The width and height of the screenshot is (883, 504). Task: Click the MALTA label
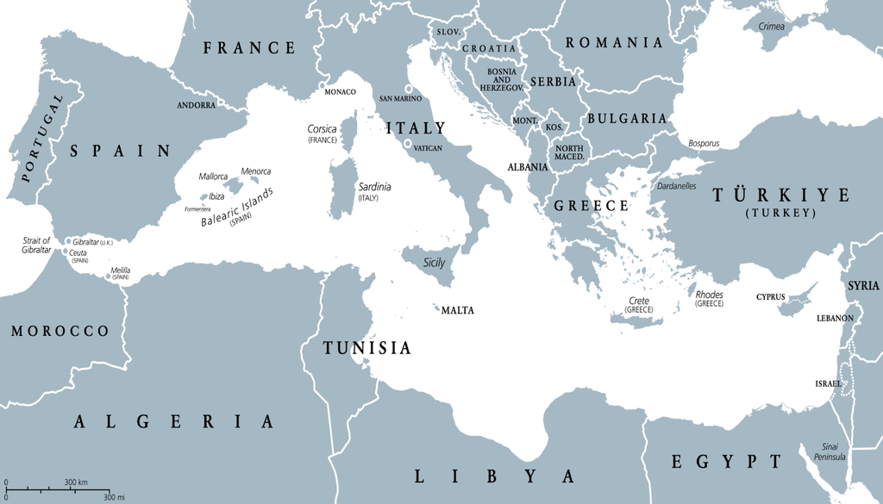457,311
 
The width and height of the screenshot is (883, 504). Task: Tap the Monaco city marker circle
323,86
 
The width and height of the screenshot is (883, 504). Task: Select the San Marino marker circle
410,89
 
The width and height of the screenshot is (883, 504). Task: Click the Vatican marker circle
407,144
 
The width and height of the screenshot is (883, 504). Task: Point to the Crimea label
771,26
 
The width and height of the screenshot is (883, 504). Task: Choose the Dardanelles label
677,185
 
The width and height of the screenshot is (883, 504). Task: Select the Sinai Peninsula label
832,451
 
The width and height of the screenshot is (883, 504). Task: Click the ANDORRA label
196,105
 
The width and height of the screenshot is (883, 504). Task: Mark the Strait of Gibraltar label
36,246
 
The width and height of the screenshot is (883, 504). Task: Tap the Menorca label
255,171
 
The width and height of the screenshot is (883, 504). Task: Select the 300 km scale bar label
76,482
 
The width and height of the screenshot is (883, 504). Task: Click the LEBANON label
835,319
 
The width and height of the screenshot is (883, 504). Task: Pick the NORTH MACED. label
568,152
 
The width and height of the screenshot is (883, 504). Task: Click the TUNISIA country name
366,348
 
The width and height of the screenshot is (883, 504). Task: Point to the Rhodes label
709,296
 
